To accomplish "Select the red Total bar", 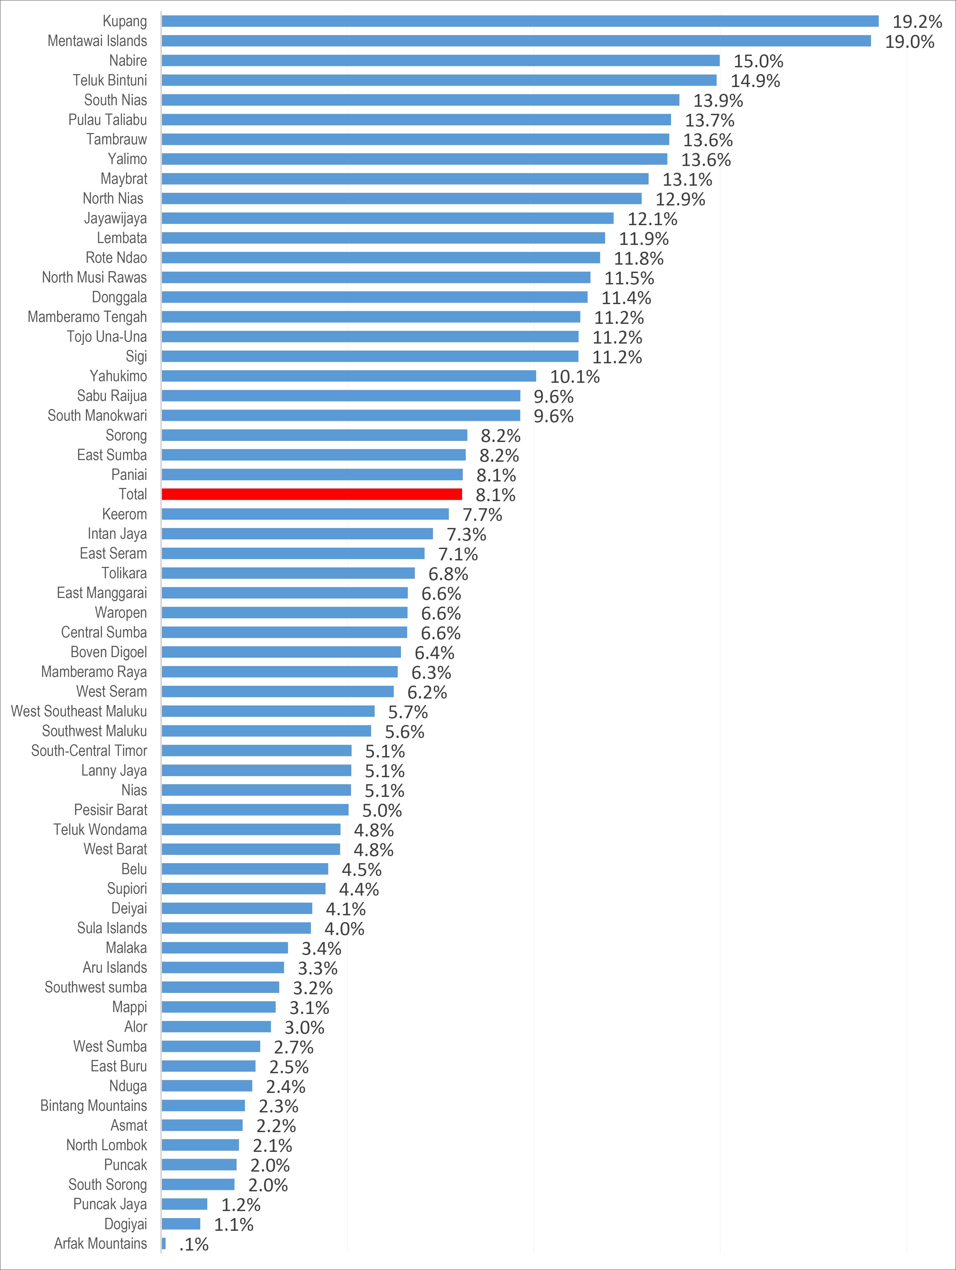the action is coord(312,494).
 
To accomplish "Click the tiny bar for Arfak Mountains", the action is coord(164,1244).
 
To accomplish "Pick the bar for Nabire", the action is coord(440,61).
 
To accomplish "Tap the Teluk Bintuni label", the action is coord(110,80).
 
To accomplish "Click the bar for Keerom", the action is coord(305,514).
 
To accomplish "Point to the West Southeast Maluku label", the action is coord(79,711).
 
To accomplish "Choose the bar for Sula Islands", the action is coord(236,928).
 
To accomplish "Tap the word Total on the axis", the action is coord(133,494).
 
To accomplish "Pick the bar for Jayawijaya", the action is coord(388,218).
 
